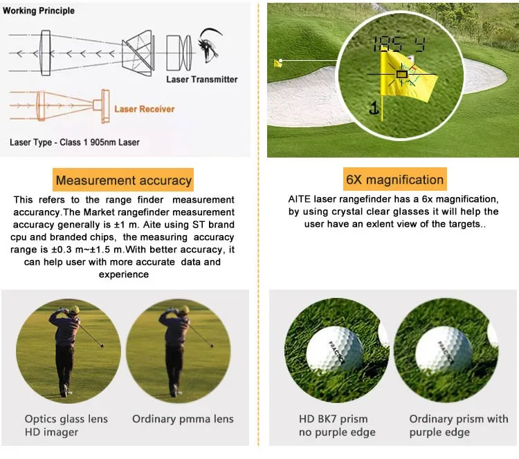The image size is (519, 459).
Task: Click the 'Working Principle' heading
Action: [39, 11]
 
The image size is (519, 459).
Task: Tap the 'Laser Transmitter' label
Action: [201, 79]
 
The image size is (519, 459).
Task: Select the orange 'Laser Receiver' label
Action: [144, 109]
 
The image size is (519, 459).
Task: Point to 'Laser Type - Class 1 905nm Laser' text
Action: [75, 142]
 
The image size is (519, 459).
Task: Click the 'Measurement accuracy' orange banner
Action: [124, 181]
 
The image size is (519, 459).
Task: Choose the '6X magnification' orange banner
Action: [395, 180]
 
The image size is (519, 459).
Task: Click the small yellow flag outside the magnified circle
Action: [278, 63]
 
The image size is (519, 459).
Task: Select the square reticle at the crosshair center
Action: [401, 73]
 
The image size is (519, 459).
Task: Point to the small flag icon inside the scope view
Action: [374, 107]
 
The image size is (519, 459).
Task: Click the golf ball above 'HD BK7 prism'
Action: [334, 349]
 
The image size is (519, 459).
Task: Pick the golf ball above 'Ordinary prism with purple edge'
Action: [444, 349]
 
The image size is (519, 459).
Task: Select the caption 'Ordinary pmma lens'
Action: [183, 419]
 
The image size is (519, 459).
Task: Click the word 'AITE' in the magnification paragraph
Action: [301, 199]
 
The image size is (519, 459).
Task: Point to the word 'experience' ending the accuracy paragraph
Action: [124, 274]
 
